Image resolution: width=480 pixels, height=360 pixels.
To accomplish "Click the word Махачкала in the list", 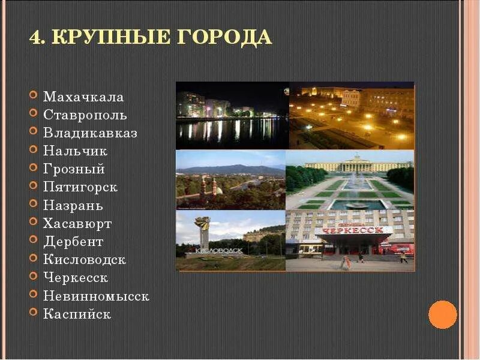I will coord(83,97).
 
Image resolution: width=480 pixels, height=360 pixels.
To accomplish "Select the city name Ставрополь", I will coord(85,115).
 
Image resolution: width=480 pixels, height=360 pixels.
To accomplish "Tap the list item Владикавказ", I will coord(90,133).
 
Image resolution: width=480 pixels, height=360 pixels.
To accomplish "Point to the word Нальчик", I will coord(75,151).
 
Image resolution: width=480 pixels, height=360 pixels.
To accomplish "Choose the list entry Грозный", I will coord(74,169).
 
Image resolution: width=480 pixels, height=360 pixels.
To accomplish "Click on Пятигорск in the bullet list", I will coord(80,187).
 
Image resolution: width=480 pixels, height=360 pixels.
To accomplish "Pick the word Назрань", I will coord(73,205).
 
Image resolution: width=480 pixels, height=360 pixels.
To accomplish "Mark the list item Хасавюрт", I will coord(77,224).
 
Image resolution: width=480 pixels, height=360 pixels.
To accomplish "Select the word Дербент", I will coord(73,242).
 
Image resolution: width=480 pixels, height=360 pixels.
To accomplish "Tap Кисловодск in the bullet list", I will coord(84,260).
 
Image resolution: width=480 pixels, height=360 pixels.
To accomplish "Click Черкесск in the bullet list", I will coord(76,278).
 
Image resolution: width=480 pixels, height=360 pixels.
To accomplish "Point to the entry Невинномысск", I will coord(96,296).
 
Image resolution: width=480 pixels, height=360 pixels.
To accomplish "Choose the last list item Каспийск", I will coord(77,314).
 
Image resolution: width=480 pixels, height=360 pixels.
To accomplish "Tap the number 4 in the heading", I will coord(35,37).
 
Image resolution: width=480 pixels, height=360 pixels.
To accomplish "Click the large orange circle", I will coord(443,314).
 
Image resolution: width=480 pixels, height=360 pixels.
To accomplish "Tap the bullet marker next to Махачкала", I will coord(32,96).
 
